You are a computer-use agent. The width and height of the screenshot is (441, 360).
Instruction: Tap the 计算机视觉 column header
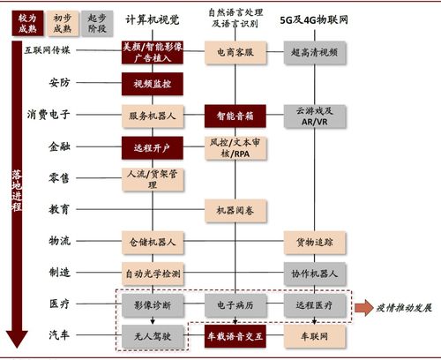(x=151, y=19)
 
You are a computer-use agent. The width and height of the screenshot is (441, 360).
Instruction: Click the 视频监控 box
(x=153, y=84)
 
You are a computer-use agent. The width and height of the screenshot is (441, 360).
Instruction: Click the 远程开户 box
(x=153, y=147)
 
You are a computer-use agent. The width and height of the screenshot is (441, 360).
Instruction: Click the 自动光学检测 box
(x=153, y=274)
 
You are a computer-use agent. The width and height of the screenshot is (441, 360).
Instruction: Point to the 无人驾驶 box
(x=153, y=336)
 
